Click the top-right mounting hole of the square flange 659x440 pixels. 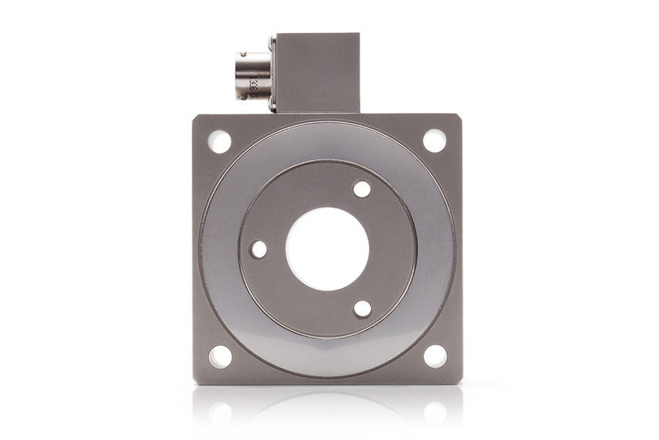(434, 141)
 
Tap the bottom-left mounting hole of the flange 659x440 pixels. (220, 356)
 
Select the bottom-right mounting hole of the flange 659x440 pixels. (435, 356)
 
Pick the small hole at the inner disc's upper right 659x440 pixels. (362, 189)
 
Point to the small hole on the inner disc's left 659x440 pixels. (258, 249)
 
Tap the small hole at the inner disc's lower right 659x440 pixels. (362, 309)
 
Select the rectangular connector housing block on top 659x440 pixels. (317, 72)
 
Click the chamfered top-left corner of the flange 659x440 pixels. (196, 117)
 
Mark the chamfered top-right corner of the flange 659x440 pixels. (459, 117)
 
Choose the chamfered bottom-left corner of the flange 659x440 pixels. (196, 381)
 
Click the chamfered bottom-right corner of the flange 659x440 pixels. (459, 381)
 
